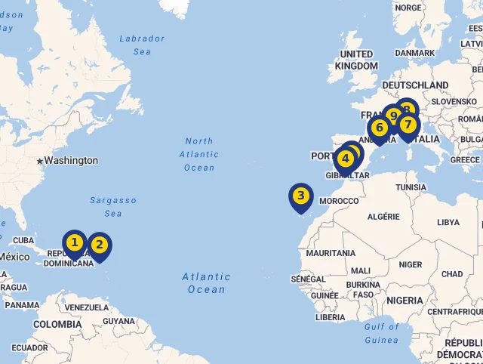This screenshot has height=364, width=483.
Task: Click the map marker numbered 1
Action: [74, 243]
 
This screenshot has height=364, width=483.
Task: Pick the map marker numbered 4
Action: [345, 159]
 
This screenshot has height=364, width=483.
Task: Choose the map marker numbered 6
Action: [379, 128]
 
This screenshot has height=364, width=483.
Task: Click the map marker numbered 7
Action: [408, 125]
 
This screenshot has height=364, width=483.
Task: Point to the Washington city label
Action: [71, 161]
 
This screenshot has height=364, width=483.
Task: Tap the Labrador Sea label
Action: [141, 45]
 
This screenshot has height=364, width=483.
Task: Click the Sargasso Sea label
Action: [113, 207]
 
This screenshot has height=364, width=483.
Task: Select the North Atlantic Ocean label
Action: [199, 154]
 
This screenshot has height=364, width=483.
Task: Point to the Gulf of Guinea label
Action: [381, 333]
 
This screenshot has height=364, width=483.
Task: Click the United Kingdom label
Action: [356, 60]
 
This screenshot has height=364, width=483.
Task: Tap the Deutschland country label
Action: [415, 85]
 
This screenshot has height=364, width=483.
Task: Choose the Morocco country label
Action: [339, 201]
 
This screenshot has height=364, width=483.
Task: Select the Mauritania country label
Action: [331, 253]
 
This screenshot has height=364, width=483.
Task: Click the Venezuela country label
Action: [87, 307]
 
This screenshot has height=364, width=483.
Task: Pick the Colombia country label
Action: [57, 324]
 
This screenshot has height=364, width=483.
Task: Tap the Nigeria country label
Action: [405, 300]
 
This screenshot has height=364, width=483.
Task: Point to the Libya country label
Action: [448, 222]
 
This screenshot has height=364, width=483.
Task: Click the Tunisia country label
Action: [411, 187]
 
